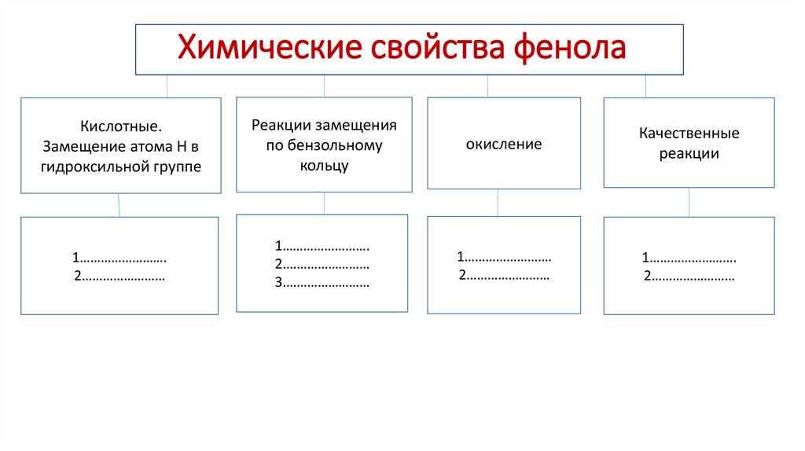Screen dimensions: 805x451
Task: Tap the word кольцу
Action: [324, 166]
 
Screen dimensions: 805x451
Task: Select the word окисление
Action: [504, 145]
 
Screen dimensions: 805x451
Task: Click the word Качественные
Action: [689, 134]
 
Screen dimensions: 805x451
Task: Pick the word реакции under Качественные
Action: [689, 154]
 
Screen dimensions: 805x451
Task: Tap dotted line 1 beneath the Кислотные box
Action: [119, 258]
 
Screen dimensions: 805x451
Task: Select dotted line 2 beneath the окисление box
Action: [504, 276]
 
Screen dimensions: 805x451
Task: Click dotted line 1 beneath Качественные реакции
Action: [689, 258]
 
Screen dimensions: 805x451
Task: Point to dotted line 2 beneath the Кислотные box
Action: [119, 276]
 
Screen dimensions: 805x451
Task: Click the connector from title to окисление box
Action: [487, 86]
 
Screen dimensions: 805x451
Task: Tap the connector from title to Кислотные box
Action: [167, 86]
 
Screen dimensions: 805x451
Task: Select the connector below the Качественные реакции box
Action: [689, 202]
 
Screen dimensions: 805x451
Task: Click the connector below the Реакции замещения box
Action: [324, 203]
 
